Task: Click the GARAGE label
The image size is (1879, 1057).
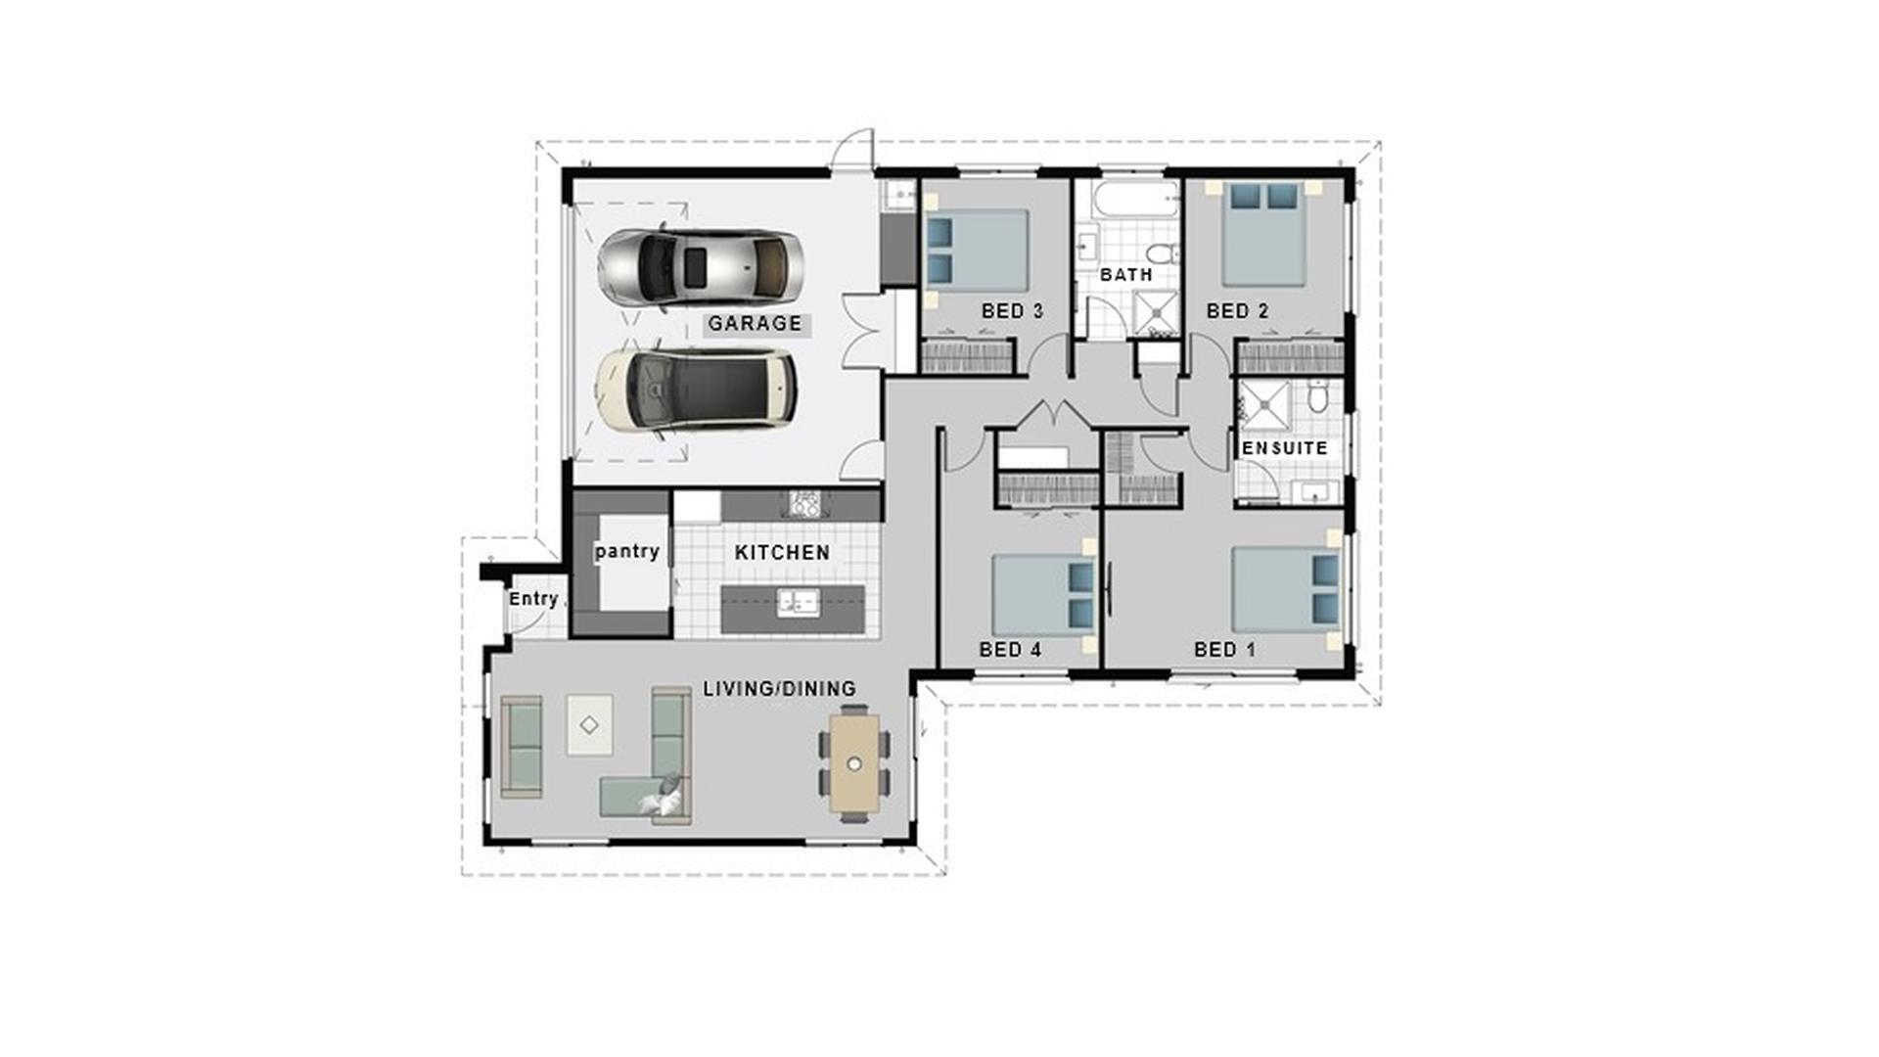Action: coord(755,323)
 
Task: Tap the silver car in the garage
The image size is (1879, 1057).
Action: coord(701,266)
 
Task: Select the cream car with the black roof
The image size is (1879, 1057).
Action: coord(695,390)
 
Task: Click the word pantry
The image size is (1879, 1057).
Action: coord(627,551)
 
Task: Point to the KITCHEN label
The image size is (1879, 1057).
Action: coord(782,552)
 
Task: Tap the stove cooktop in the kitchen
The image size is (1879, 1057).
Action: coord(804,504)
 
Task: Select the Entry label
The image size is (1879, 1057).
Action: coord(533,598)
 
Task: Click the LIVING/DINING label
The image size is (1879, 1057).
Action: coord(779,689)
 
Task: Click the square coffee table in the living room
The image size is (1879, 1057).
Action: coord(589,724)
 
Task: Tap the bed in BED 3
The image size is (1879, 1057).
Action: coord(977,251)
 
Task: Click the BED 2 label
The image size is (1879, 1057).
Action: coord(1237,311)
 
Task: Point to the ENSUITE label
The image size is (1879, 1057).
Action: coord(1284,448)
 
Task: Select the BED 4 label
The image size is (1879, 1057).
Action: coord(1010,649)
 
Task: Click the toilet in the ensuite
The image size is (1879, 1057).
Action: coord(1317,397)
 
